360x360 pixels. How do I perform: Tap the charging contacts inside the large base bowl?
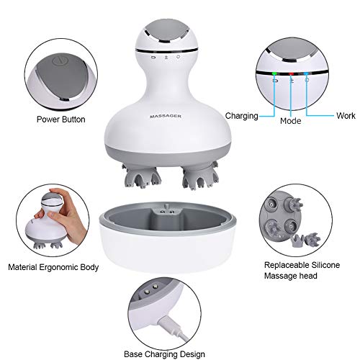(167, 214)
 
